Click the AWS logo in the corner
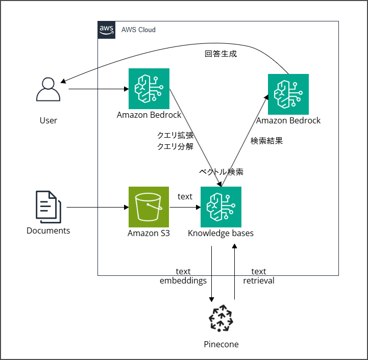(x=106, y=30)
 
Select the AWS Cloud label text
(x=138, y=30)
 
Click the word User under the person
(x=48, y=121)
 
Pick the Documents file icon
(x=48, y=207)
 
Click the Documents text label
(x=48, y=230)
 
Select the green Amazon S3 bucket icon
(x=149, y=207)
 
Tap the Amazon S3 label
(x=149, y=234)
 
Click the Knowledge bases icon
(x=221, y=207)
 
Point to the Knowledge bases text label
(x=220, y=234)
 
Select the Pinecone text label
(x=221, y=344)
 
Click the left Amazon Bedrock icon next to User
(x=149, y=89)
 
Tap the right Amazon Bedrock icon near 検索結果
(x=288, y=94)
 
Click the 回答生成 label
(x=220, y=54)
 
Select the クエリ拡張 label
(x=175, y=136)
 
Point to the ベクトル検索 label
(x=221, y=172)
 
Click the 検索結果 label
(x=266, y=141)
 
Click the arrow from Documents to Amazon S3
(x=97, y=208)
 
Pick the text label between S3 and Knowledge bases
(x=185, y=196)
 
